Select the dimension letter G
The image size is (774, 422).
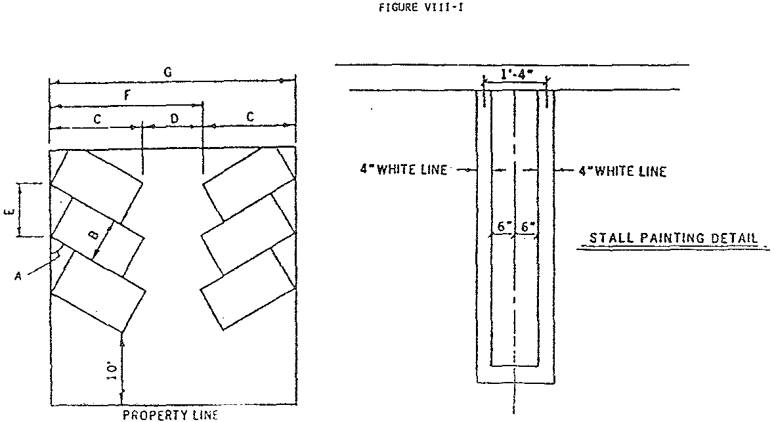point(168,73)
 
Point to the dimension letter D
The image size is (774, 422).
point(174,118)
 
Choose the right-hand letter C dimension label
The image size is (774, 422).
point(249,117)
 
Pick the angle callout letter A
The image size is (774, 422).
point(18,277)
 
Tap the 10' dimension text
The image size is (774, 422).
point(113,371)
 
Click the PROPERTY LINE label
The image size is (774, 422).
point(171,415)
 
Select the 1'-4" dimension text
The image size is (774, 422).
point(515,75)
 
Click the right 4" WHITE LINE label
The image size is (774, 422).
point(622,171)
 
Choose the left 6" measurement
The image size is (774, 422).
point(502,226)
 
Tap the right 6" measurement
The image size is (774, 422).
point(527,226)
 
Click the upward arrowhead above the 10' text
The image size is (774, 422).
point(122,339)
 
